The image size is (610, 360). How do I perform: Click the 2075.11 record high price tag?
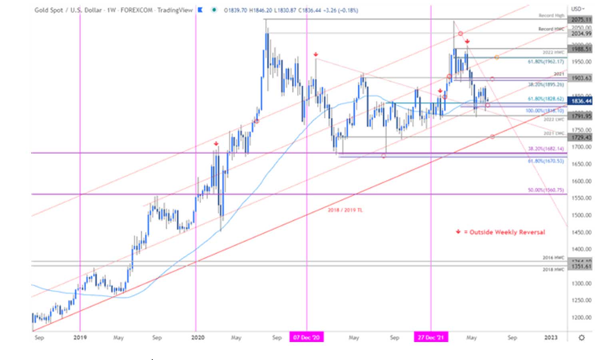point(581,20)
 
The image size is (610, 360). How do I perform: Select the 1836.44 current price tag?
point(581,101)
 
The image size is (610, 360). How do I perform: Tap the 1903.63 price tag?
point(581,78)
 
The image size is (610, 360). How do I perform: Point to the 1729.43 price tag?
point(581,137)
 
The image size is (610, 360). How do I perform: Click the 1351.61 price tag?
point(581,266)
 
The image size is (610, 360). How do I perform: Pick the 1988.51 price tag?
point(581,49)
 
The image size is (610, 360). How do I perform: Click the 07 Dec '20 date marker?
point(306,337)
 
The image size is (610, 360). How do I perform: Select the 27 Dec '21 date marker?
point(431,337)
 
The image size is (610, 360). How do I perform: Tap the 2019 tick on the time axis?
point(80,337)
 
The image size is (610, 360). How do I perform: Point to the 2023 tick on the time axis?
point(550,337)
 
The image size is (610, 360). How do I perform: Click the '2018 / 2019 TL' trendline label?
point(345,210)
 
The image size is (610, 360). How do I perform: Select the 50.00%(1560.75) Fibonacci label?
point(546,190)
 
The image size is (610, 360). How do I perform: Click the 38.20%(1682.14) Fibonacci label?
point(546,149)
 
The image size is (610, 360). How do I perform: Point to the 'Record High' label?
point(551,16)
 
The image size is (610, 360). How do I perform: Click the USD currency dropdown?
point(578,8)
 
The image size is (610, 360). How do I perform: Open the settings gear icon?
point(581,338)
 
